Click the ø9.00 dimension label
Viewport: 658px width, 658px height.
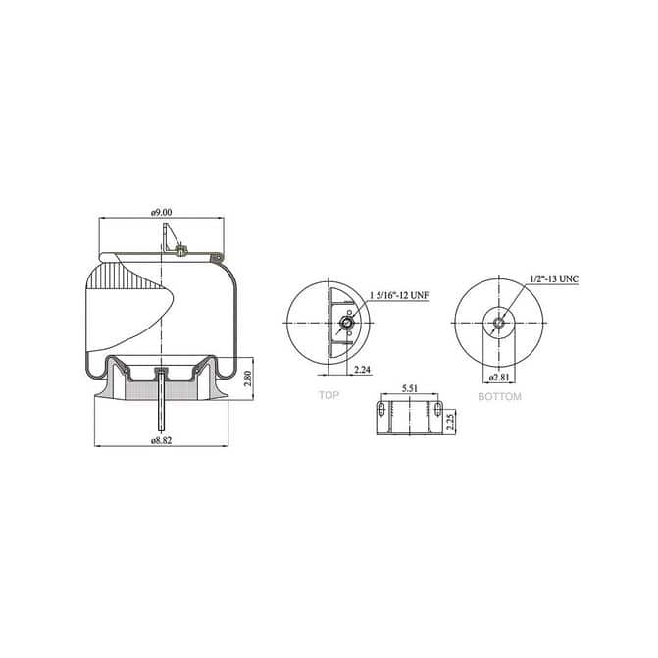point(162,213)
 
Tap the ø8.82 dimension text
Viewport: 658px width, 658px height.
point(162,440)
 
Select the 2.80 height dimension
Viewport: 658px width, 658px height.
point(247,379)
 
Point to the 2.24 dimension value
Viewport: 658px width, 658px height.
point(362,370)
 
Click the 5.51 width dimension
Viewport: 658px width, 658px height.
point(410,388)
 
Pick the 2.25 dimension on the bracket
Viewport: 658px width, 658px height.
point(450,422)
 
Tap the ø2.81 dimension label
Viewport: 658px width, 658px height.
point(499,377)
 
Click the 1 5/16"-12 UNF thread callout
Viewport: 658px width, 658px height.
point(399,295)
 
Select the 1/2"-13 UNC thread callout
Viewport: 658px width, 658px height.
point(554,278)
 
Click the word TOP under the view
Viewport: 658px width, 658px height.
point(329,395)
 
